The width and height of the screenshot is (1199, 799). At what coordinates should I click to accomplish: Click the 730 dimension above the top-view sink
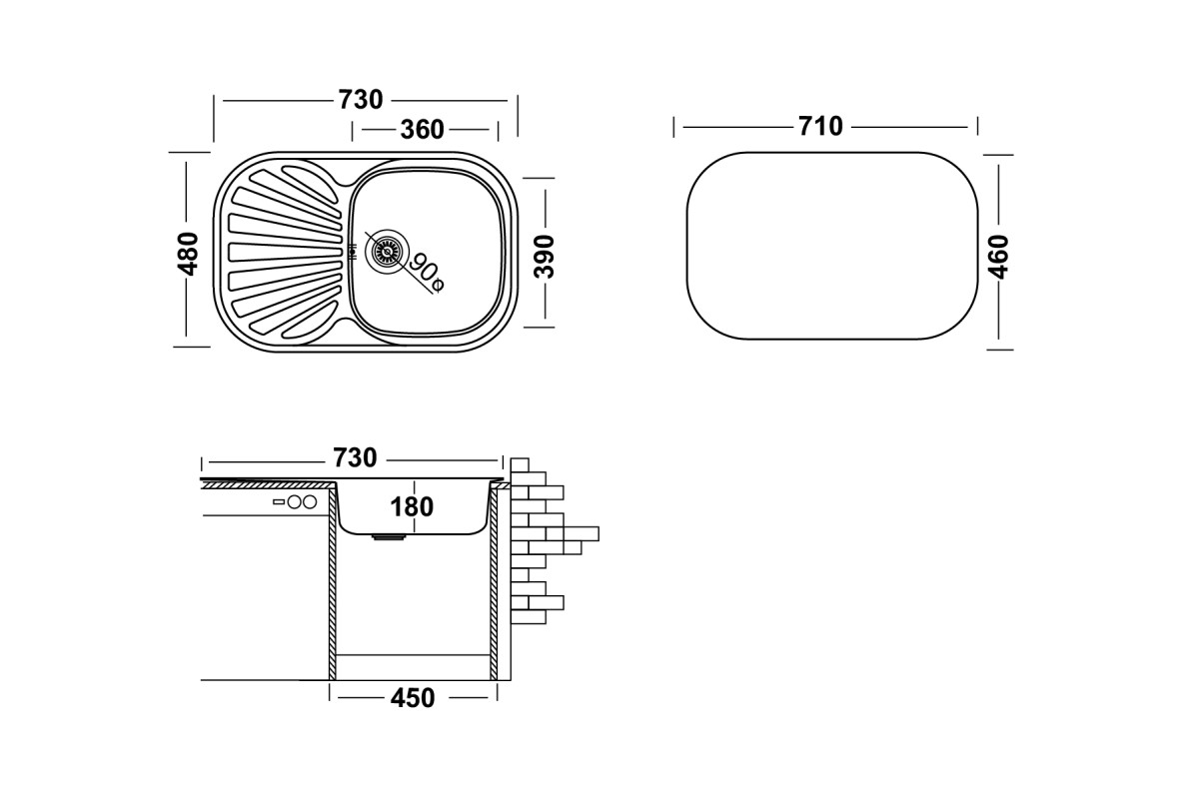tap(361, 100)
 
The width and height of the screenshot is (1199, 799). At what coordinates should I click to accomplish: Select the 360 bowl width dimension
tap(422, 130)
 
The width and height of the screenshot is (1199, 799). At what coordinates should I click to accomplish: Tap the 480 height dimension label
tap(188, 254)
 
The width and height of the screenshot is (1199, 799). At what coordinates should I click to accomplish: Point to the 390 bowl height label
tap(545, 257)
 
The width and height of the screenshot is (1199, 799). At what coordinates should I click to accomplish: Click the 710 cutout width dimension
tap(820, 126)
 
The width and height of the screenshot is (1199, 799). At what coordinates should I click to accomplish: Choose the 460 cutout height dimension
tap(998, 257)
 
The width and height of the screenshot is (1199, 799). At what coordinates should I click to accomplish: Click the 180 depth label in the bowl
tap(412, 506)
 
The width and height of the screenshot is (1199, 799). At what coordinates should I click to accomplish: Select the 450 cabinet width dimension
tap(412, 698)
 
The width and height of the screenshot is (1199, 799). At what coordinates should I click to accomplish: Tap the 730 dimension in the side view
tap(355, 457)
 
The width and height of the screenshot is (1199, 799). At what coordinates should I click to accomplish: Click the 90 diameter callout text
tap(427, 273)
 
